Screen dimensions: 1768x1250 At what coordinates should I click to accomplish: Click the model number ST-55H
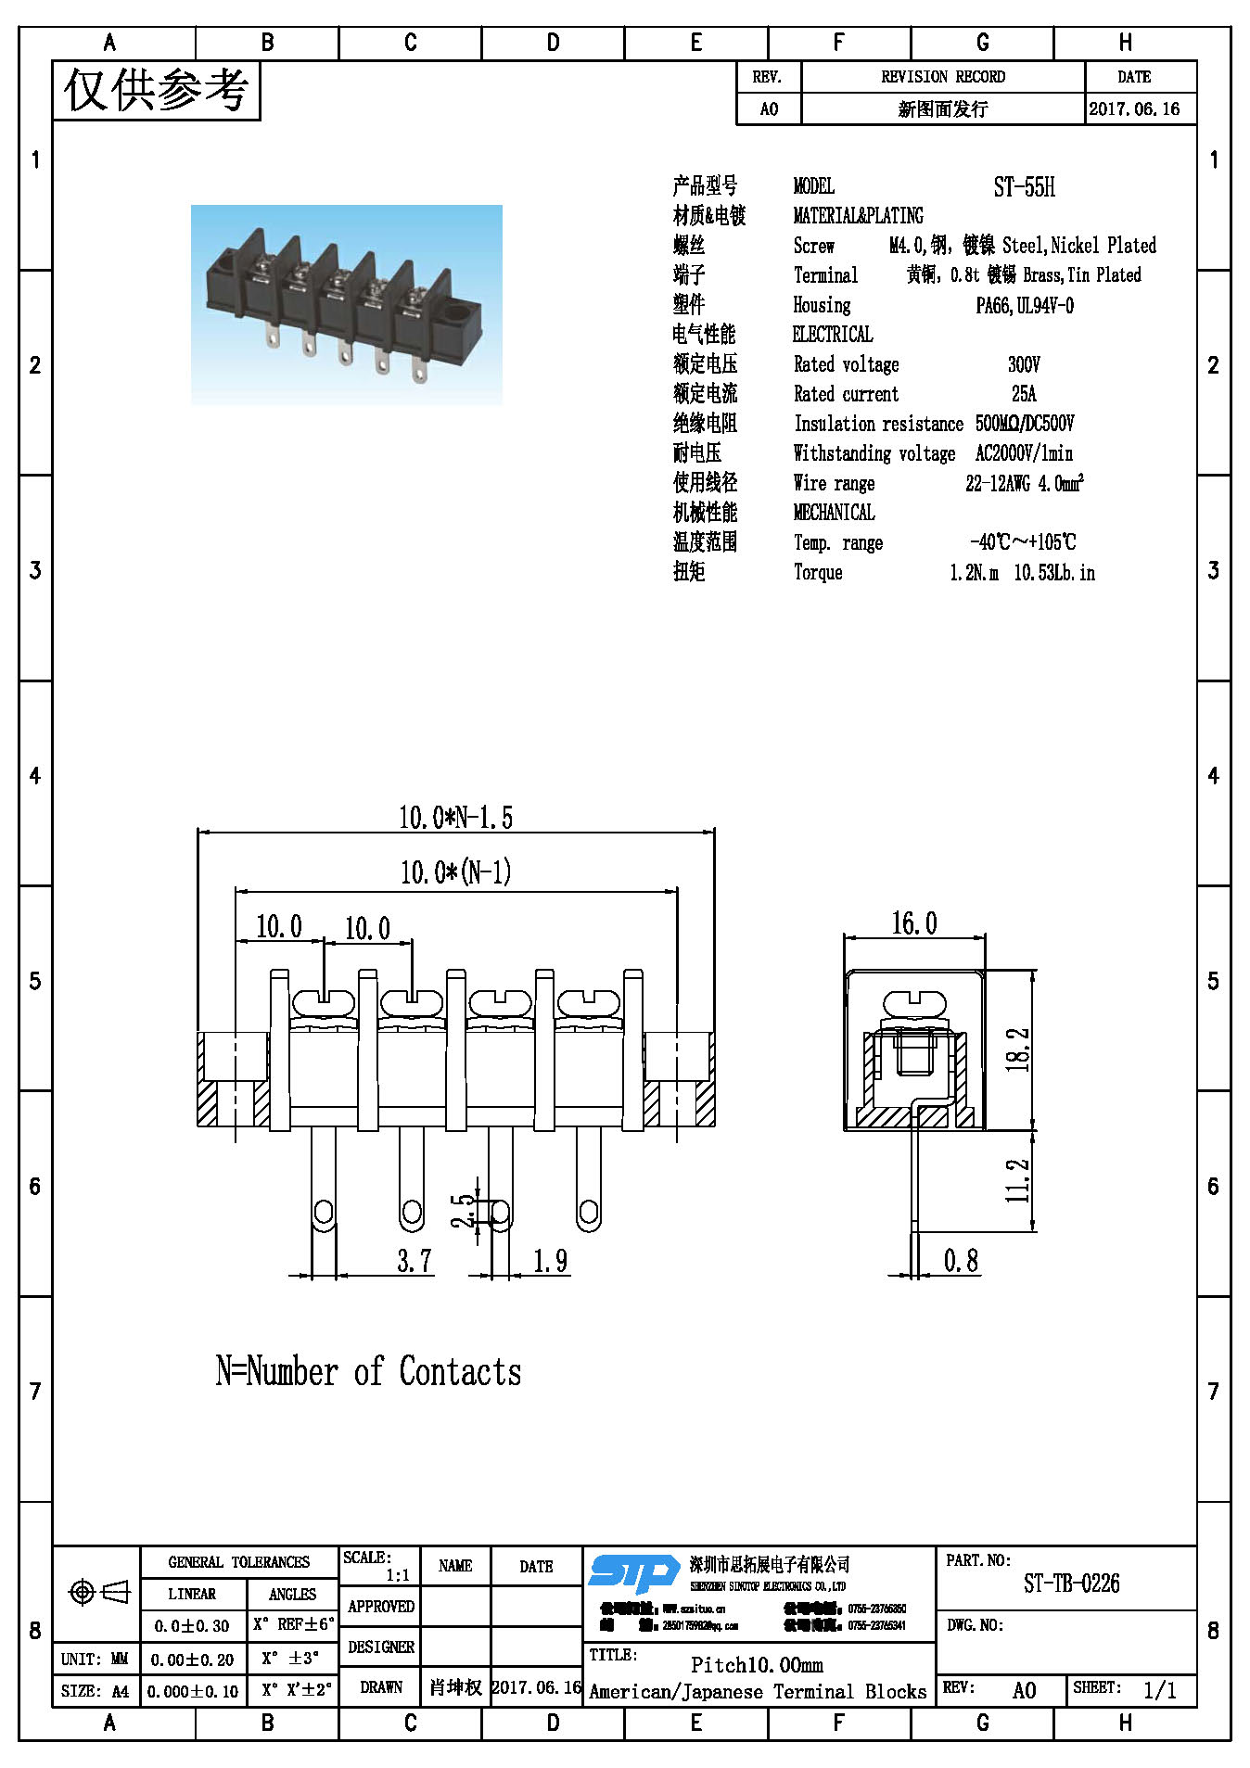point(1024,187)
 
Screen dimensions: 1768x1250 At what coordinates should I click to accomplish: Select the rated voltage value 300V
point(1024,364)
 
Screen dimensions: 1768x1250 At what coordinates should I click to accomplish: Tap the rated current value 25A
point(1024,394)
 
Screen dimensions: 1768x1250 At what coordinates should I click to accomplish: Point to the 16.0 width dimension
point(914,923)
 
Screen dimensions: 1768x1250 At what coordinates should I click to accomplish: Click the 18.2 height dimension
point(1017,1049)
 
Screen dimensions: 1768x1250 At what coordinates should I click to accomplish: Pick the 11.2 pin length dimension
point(1017,1180)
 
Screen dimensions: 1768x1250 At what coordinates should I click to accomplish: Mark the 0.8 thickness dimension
point(961,1261)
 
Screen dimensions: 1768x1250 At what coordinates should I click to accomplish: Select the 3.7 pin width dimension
point(415,1261)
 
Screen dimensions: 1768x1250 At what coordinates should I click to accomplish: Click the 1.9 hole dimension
point(550,1261)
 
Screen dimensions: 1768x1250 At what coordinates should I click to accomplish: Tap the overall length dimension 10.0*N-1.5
point(455,818)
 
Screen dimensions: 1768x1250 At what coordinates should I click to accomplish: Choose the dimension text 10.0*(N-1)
point(455,872)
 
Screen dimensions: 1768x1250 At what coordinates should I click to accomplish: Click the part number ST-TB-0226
point(1071,1584)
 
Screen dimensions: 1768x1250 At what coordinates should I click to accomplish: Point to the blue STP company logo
point(634,1573)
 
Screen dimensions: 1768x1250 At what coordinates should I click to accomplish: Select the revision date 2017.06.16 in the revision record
point(1134,109)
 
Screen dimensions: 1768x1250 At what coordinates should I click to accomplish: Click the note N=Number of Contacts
point(368,1371)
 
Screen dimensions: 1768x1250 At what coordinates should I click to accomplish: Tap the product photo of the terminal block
point(346,305)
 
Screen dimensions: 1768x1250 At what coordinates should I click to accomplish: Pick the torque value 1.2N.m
point(974,573)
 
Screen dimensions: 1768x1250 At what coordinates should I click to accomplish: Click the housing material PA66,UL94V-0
point(1025,306)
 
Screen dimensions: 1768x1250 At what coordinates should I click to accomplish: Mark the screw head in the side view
point(914,1004)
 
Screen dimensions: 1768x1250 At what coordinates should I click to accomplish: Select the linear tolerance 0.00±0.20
point(193,1660)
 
